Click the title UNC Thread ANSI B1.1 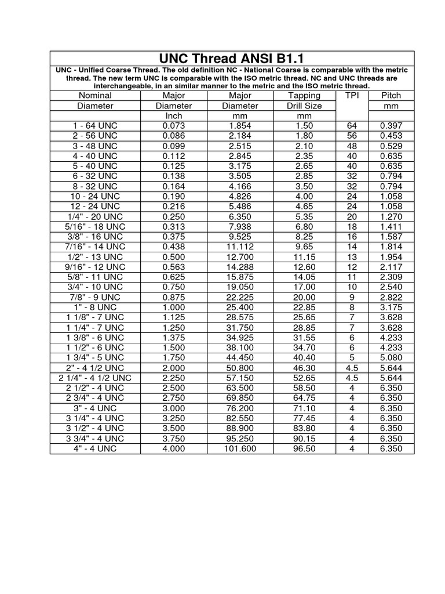click(x=232, y=59)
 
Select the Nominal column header click(x=95, y=95)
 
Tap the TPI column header click(x=352, y=95)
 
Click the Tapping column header click(x=304, y=95)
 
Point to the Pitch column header click(x=391, y=95)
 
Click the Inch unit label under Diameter click(x=174, y=115)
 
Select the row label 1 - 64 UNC click(x=95, y=126)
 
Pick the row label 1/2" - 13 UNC click(x=95, y=256)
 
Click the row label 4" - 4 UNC click(x=95, y=448)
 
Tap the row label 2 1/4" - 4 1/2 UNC click(x=95, y=378)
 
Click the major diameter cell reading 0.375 click(x=174, y=237)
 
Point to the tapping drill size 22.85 click(x=304, y=307)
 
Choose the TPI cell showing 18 click(x=352, y=226)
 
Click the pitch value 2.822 click(x=391, y=297)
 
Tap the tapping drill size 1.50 click(x=304, y=126)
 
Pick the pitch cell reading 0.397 click(x=391, y=126)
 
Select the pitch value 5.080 click(x=391, y=357)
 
